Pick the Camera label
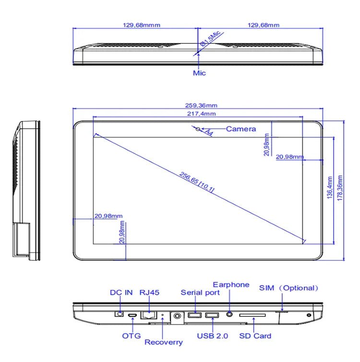click(241, 129)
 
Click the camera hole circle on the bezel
click(198, 129)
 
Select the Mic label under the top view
click(199, 73)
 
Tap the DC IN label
click(122, 292)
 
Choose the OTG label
click(131, 336)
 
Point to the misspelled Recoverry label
click(164, 342)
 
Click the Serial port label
click(200, 292)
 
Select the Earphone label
click(231, 285)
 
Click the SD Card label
click(255, 336)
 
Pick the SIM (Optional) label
click(289, 288)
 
